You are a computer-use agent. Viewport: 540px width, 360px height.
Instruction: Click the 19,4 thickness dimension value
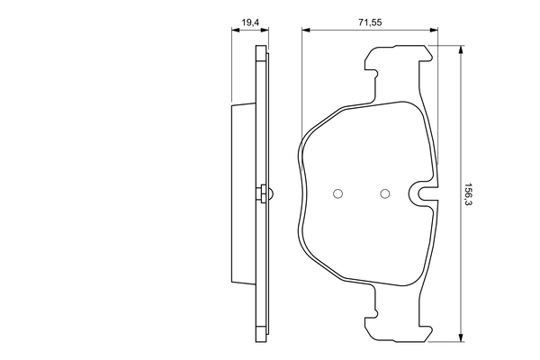point(244,17)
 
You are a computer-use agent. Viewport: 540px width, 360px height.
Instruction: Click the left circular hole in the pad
point(338,193)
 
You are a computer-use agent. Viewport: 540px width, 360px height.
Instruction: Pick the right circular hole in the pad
point(385,193)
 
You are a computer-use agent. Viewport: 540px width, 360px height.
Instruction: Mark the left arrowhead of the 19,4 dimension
point(235,30)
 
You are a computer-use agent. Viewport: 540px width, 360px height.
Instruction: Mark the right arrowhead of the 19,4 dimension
point(265,30)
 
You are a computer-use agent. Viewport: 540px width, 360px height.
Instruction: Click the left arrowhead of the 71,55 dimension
point(306,30)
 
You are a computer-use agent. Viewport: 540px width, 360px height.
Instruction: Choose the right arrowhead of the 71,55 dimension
point(435,30)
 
